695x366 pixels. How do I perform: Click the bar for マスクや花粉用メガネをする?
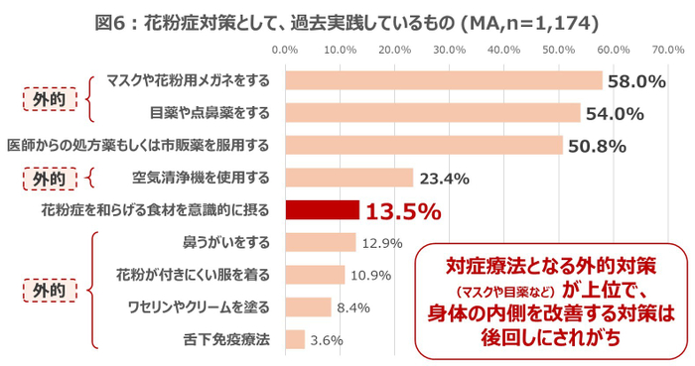pos(444,80)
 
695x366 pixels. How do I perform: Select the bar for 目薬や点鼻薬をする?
pos(433,113)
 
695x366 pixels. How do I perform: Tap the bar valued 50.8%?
pos(424,146)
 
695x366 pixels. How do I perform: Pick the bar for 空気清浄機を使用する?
pos(348,178)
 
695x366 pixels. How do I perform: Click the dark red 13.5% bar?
pos(322,210)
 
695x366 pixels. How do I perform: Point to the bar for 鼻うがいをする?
pos(320,242)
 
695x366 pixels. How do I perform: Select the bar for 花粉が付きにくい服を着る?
pos(315,274)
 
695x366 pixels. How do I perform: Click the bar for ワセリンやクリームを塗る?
pos(308,306)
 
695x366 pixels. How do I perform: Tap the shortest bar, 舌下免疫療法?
pos(295,339)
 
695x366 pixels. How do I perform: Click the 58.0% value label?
pos(636,81)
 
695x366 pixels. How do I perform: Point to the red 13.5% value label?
pos(402,210)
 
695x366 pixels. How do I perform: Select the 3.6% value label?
pos(327,339)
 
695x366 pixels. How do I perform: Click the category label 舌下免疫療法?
pos(226,339)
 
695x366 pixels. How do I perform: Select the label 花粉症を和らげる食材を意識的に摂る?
pos(155,210)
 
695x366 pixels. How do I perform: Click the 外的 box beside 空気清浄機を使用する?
pos(49,179)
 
